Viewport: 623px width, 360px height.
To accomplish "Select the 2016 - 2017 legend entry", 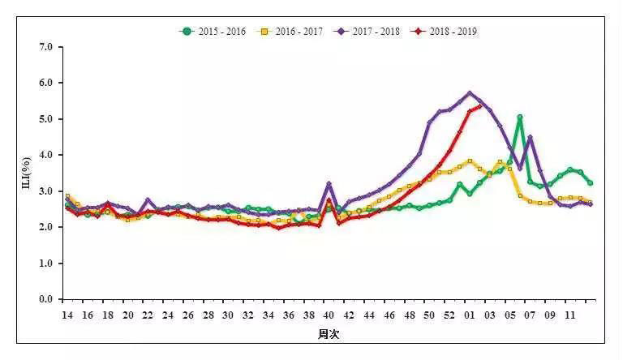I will pos(292,32).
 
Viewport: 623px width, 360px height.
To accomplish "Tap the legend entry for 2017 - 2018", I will pos(371,32).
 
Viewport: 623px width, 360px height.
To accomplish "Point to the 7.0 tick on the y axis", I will pos(45,47).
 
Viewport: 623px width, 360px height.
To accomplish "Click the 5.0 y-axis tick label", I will pos(45,119).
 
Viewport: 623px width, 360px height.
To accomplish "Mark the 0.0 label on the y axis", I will pos(45,299).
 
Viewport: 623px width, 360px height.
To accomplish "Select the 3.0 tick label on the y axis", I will pos(45,191).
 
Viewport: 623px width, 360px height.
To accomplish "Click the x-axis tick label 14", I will pos(67,314).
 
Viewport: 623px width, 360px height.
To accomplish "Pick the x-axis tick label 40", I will pos(329,314).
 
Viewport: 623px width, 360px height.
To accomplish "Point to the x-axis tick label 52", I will pos(449,314).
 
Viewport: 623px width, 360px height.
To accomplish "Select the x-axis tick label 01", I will pos(470,314).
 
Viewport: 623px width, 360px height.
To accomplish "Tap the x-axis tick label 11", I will pos(570,314).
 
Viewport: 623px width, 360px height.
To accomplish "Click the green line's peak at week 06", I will pos(520,118).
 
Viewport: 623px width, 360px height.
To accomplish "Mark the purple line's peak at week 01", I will pos(470,93).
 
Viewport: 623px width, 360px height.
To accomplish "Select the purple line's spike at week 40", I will pos(329,184).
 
